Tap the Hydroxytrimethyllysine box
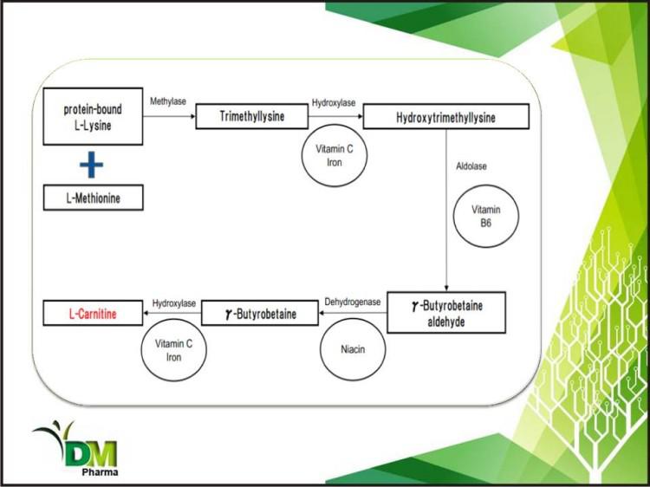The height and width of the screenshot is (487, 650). click(445, 117)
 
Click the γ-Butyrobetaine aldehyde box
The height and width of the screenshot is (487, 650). click(445, 312)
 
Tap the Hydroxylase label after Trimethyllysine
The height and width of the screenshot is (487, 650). click(333, 102)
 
